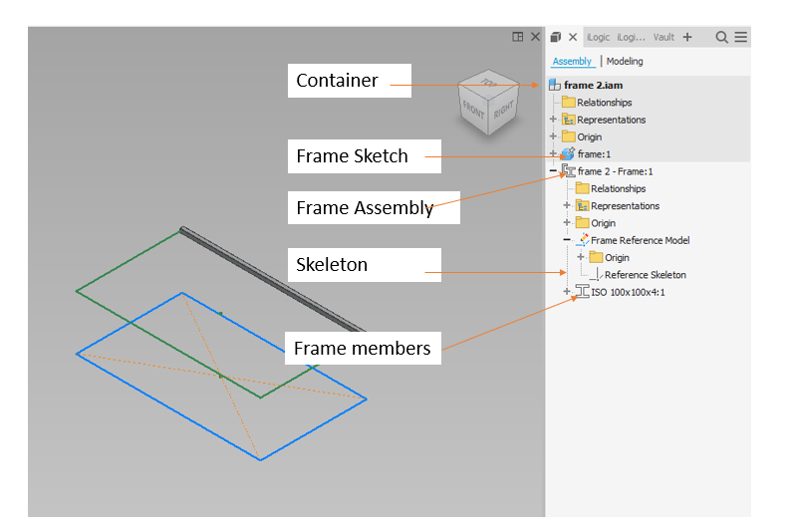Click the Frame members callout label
(x=363, y=348)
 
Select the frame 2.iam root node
(x=593, y=86)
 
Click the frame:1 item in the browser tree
(x=594, y=154)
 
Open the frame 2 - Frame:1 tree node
(x=615, y=171)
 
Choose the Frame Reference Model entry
(x=640, y=240)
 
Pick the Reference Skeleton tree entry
(x=645, y=275)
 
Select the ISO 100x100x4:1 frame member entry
(x=628, y=292)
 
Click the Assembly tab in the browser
(x=572, y=62)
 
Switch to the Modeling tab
(x=625, y=62)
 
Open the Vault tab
(x=663, y=37)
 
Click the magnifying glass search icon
(x=721, y=37)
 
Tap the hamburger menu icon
(x=741, y=37)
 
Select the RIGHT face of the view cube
(x=502, y=109)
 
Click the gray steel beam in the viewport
(x=269, y=279)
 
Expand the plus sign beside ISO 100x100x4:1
(x=567, y=292)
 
